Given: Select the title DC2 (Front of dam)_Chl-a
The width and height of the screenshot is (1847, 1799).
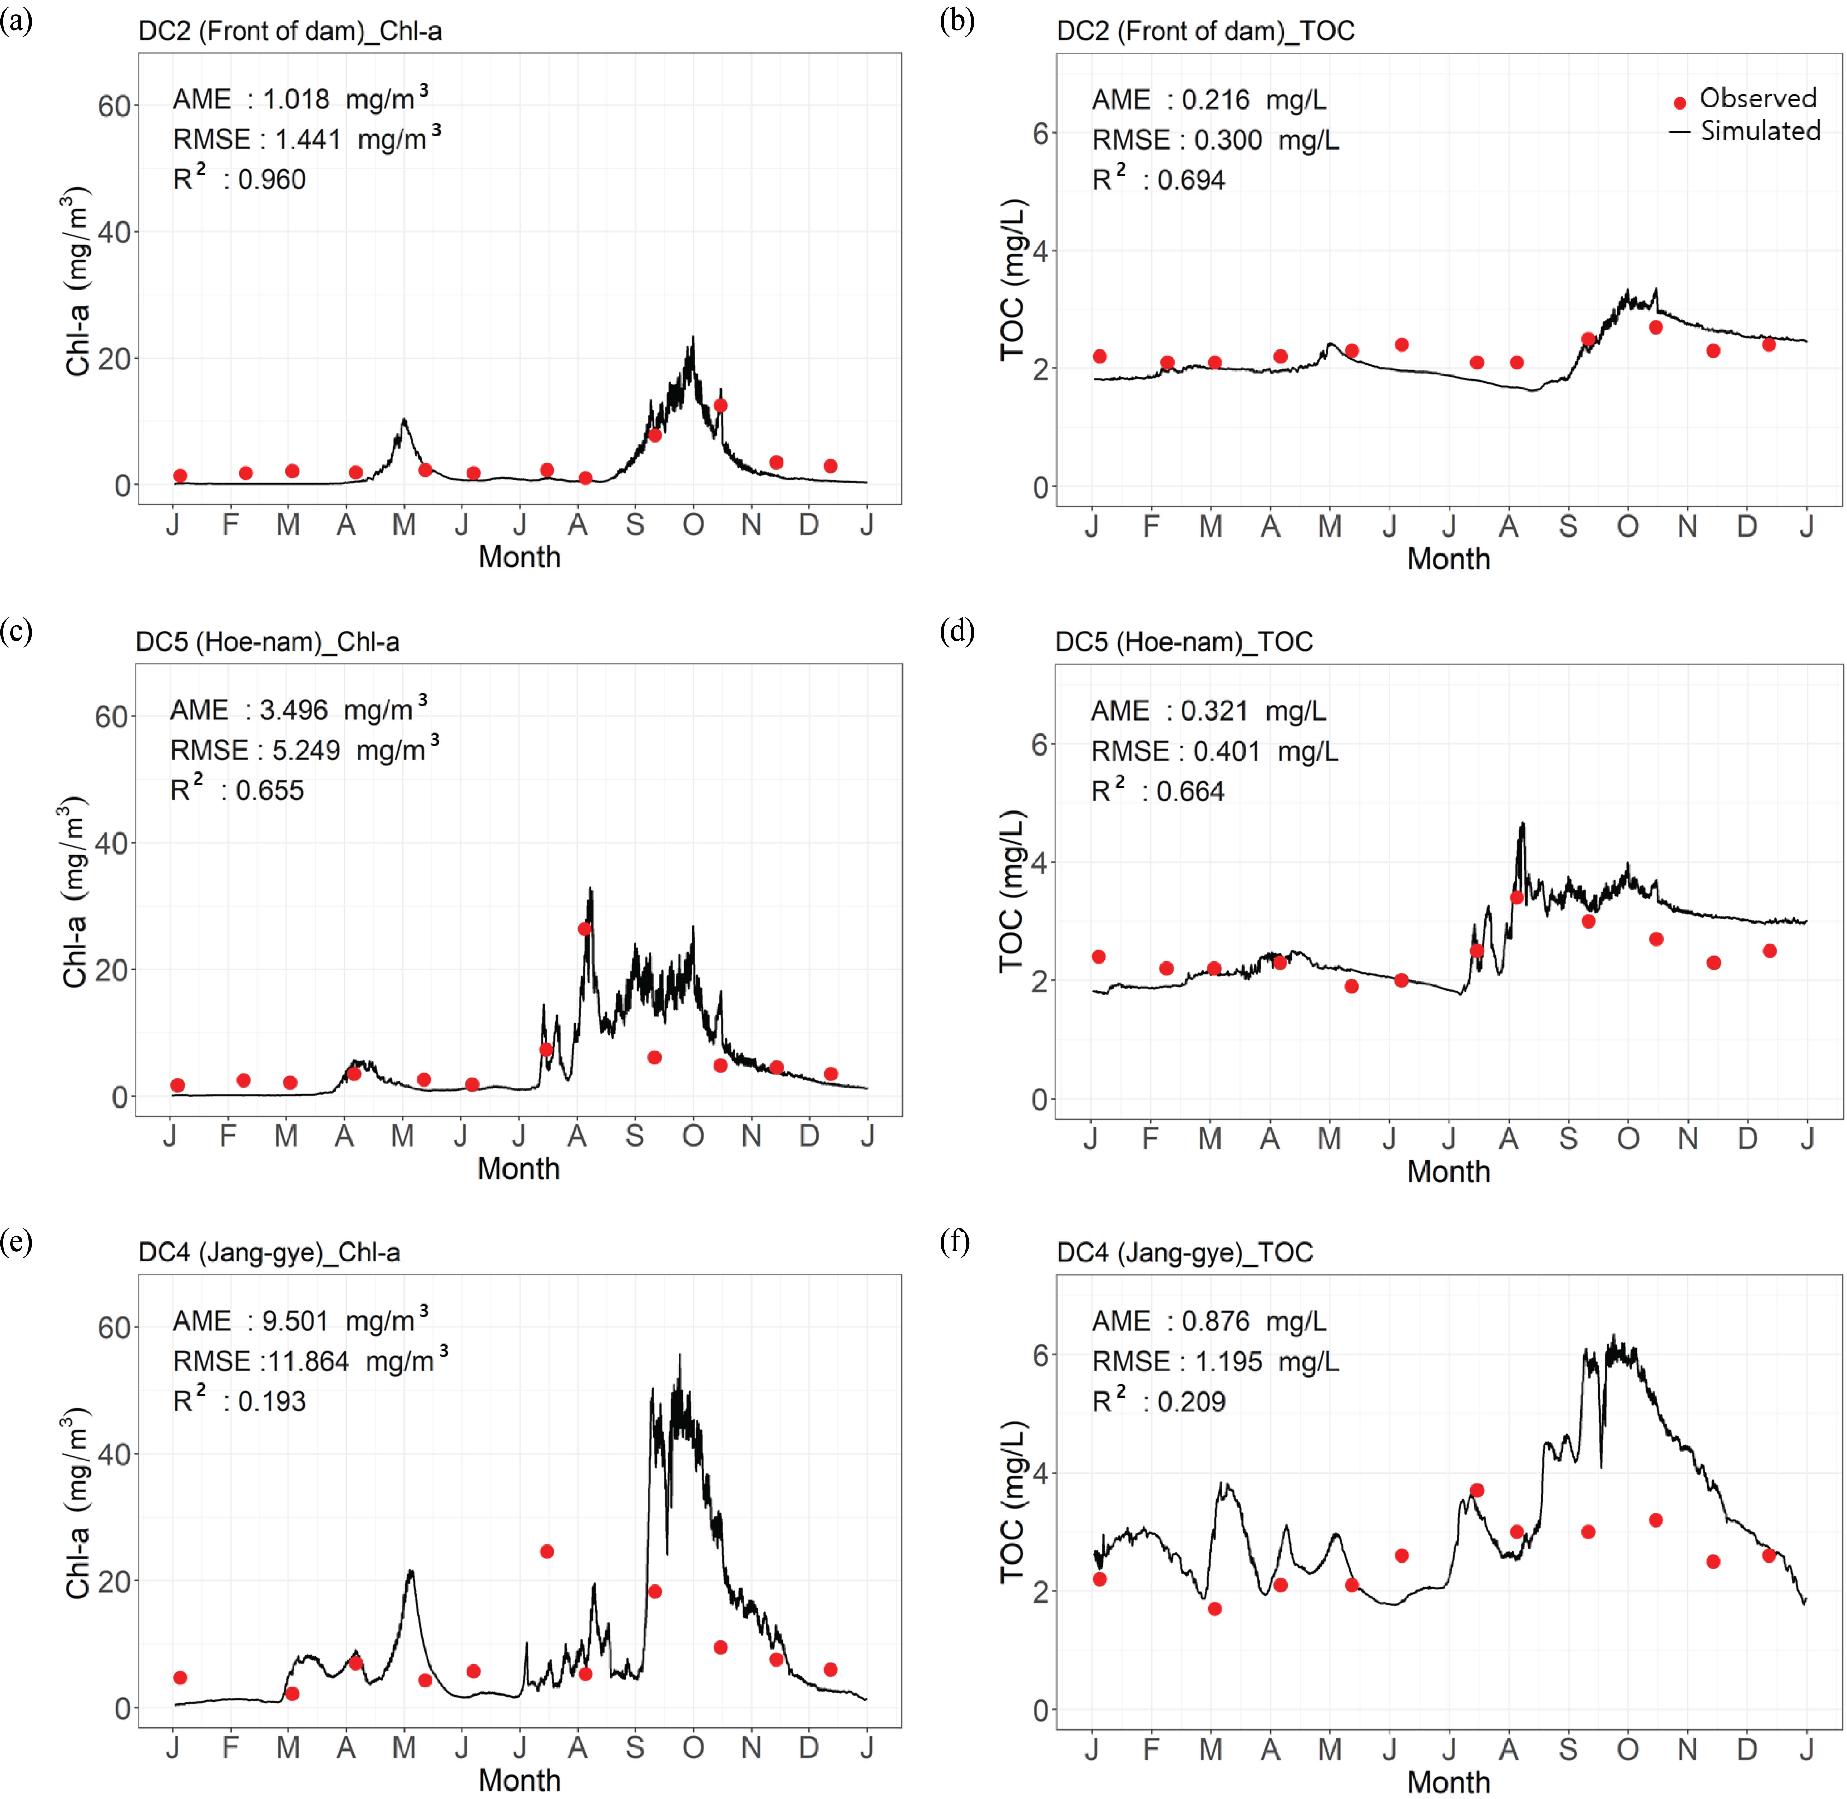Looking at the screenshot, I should click(290, 31).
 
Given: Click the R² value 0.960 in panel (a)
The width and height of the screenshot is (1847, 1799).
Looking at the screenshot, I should click(272, 180).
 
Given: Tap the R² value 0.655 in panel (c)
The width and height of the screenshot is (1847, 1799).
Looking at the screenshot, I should click(270, 791).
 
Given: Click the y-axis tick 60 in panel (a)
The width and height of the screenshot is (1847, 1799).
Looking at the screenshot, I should click(113, 106).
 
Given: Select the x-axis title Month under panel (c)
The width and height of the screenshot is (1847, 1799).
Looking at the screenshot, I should click(519, 1169).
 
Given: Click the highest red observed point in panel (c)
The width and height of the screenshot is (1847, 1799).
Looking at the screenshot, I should click(585, 929).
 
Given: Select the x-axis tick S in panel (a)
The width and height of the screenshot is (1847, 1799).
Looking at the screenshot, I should click(635, 524).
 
